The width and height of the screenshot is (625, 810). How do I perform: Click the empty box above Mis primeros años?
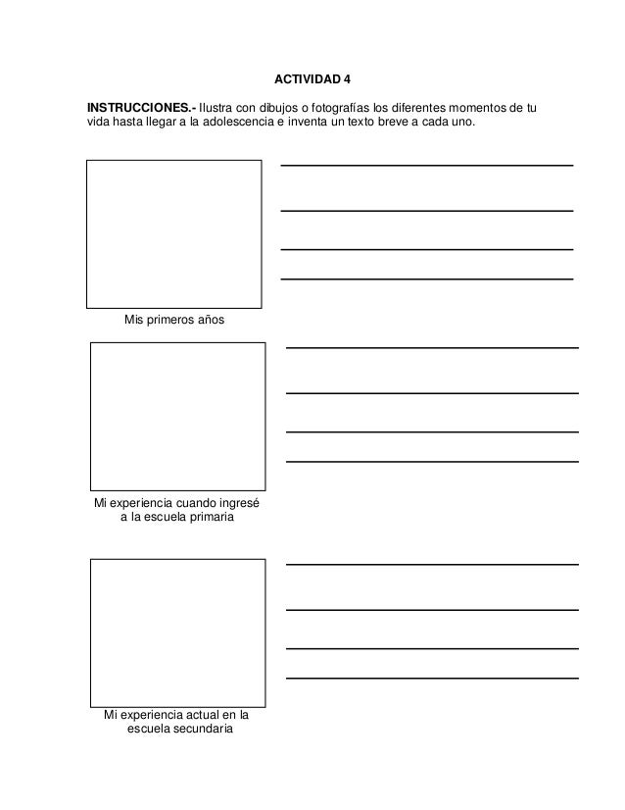coord(174,234)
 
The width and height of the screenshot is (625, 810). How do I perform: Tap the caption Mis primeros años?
coord(173,320)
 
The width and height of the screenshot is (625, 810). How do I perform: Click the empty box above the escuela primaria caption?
coord(177,416)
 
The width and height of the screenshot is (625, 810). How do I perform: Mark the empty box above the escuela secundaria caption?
coord(177,633)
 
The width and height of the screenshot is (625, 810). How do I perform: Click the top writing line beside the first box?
coord(427,165)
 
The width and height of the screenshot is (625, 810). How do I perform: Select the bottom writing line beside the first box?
coord(427,279)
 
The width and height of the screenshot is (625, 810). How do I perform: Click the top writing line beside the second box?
coord(431,347)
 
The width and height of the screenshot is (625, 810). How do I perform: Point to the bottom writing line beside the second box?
coord(431,462)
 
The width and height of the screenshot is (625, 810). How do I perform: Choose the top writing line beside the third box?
coord(431,564)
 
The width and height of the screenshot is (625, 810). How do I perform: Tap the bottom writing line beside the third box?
coord(431,679)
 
